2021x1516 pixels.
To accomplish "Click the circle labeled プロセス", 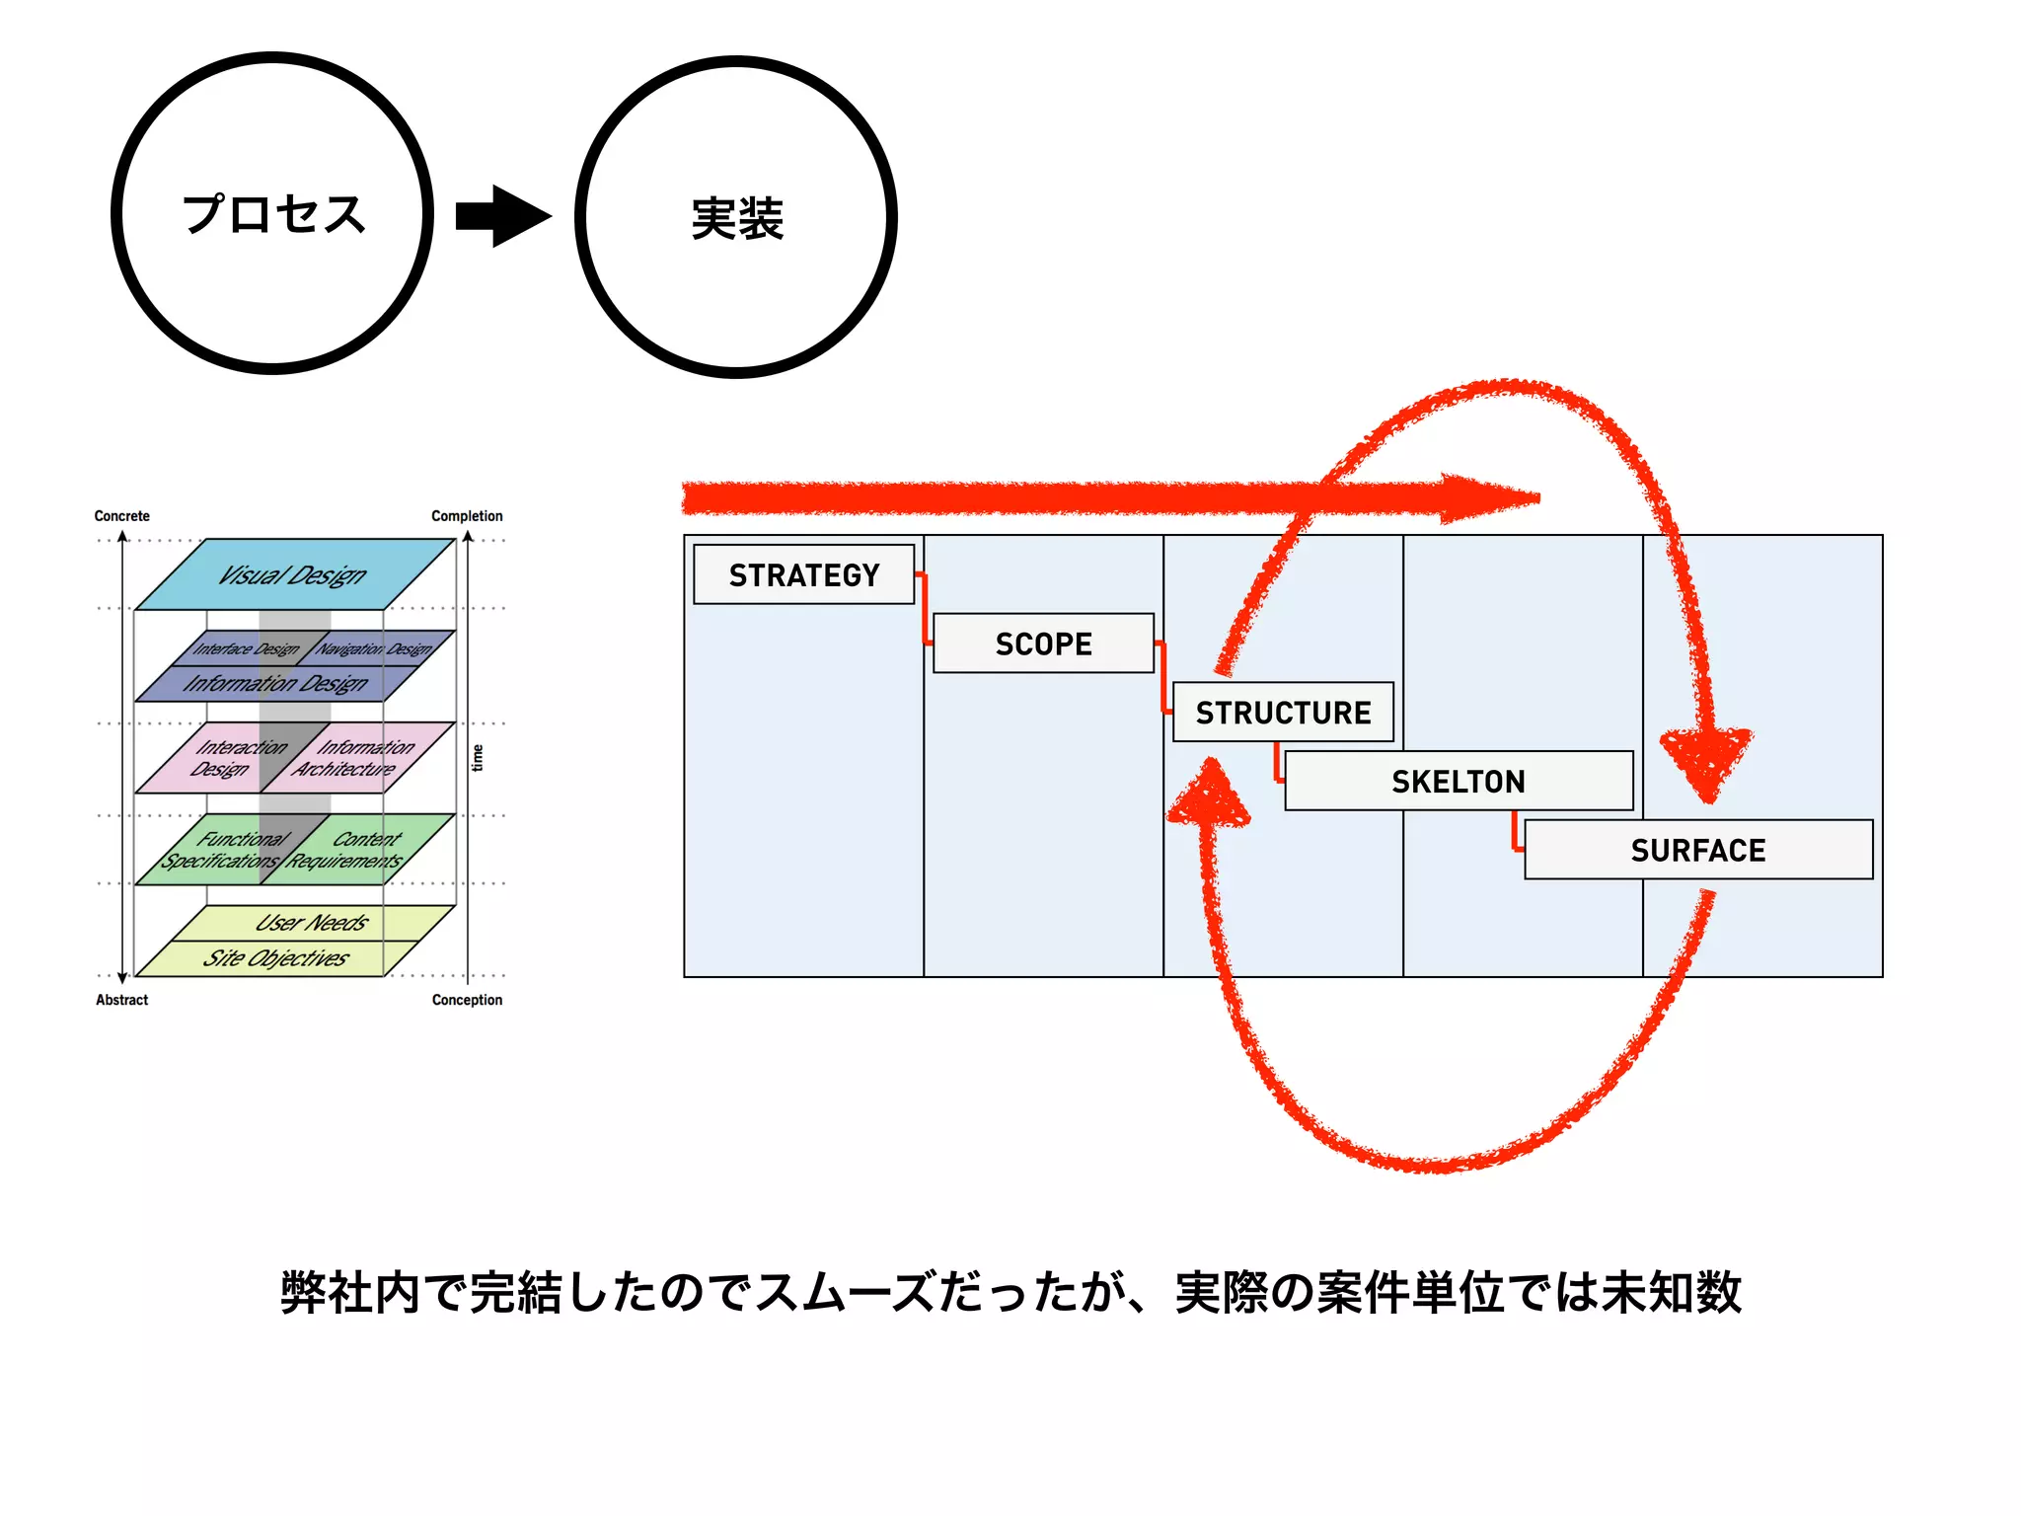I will click(272, 213).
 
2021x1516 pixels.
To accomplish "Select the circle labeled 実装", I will click(736, 217).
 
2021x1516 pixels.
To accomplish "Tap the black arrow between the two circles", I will click(503, 216).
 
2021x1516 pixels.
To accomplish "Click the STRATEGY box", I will click(803, 574).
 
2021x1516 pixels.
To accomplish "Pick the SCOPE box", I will click(1043, 644).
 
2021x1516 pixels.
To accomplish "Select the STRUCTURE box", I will click(1283, 712).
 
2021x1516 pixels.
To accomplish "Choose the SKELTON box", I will click(1459, 781).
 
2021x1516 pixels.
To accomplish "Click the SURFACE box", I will click(1697, 850).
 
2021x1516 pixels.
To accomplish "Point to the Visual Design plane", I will click(293, 574).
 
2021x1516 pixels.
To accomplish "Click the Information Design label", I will click(275, 683).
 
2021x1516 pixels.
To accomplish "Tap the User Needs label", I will click(312, 923).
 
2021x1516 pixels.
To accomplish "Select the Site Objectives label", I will click(276, 958).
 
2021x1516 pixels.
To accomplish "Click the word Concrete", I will click(121, 516).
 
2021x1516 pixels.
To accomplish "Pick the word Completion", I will click(467, 516).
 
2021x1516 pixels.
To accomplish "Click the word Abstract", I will click(121, 1000).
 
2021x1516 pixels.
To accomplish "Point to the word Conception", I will click(467, 1000).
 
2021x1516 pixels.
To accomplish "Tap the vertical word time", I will click(478, 758).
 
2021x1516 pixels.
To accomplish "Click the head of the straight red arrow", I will click(1490, 498).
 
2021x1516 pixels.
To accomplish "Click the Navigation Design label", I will click(375, 648).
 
